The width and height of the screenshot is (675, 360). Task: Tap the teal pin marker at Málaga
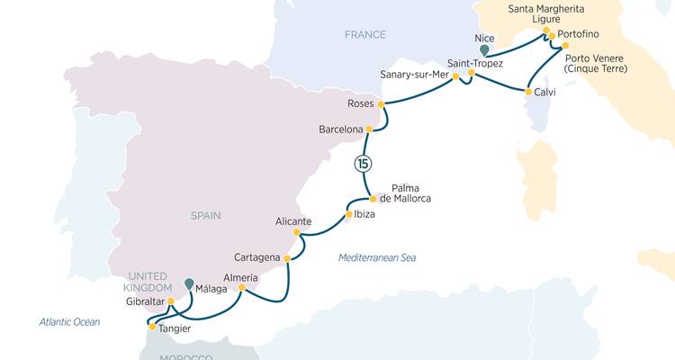pos(189,284)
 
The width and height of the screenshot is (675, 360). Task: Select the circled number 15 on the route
pos(363,163)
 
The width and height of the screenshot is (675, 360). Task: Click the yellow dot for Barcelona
pos(368,130)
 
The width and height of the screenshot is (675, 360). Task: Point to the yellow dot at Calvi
pos(527,90)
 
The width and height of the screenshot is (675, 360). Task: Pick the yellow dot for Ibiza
pos(347,214)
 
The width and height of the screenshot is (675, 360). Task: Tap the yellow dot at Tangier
pos(152,327)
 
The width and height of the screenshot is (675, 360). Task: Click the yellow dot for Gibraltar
pos(170,301)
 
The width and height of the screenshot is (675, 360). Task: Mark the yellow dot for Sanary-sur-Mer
pos(455,76)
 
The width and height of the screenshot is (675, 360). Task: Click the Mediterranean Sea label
pos(377,258)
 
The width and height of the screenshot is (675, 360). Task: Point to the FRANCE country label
pos(364,35)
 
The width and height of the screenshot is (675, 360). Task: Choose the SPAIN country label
pos(205,215)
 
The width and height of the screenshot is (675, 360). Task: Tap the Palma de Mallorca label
pos(405,193)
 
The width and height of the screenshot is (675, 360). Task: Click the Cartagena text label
pos(257,257)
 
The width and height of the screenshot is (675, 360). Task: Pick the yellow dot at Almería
pos(242,288)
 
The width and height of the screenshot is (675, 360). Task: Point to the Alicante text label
pos(293,220)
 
